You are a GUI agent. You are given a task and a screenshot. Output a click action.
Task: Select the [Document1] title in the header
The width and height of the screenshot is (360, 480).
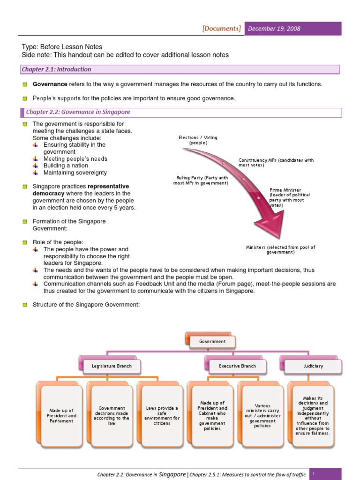(x=222, y=29)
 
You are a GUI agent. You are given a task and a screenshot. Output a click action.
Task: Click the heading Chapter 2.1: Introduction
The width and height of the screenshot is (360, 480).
(x=56, y=69)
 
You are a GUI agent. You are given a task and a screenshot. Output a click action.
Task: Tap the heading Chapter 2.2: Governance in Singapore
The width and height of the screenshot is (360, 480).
(x=78, y=112)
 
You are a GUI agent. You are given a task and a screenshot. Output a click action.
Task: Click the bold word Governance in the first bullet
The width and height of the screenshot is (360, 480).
(x=50, y=84)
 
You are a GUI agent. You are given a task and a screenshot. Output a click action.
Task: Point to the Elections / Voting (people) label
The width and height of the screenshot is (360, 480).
(x=198, y=140)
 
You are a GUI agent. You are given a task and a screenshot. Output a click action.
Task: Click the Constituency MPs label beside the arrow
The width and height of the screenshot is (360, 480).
(x=276, y=163)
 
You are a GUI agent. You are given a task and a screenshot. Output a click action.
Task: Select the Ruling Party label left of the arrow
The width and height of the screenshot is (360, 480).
(x=201, y=180)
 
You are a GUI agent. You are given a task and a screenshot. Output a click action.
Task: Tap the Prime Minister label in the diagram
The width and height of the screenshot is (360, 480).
(x=285, y=197)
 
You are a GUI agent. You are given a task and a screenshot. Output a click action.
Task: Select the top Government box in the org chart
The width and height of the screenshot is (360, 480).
(x=212, y=342)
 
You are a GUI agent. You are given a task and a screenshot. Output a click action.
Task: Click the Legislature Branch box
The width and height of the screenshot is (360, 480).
(x=111, y=366)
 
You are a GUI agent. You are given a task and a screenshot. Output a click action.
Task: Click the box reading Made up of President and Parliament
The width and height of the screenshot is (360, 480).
(x=61, y=415)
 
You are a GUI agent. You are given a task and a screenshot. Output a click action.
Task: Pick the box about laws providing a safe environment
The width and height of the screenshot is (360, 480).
(x=162, y=415)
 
